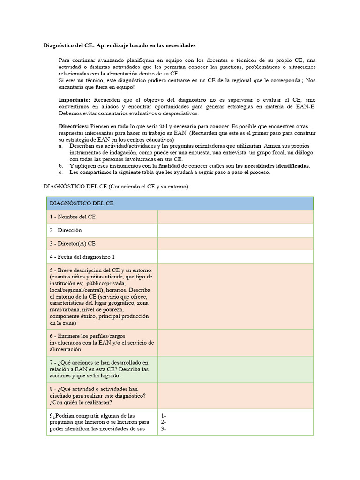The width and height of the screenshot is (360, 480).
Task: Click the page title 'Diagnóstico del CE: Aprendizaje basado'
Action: click(x=120, y=45)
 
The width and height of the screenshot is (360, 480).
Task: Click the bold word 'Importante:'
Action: click(x=75, y=100)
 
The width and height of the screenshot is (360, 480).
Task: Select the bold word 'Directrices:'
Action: click(x=74, y=127)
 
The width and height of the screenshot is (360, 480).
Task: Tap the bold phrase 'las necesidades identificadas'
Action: click(x=272, y=166)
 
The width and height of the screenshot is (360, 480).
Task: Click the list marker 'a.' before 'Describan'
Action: click(x=61, y=146)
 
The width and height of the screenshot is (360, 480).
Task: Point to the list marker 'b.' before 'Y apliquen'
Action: click(x=61, y=166)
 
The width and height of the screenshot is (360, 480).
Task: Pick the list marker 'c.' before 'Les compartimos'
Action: click(x=61, y=172)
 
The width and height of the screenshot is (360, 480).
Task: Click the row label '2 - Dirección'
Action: click(x=66, y=230)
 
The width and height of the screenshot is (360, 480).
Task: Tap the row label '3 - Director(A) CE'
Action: click(x=73, y=244)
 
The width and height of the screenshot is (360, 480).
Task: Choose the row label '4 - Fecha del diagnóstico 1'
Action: click(x=82, y=257)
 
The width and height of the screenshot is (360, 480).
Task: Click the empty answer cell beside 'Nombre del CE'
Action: click(x=235, y=217)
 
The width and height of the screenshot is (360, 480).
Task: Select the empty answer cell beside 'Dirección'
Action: click(x=235, y=230)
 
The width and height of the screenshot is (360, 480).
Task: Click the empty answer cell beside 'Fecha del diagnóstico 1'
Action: click(x=235, y=257)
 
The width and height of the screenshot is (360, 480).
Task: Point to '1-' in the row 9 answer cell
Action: click(x=164, y=416)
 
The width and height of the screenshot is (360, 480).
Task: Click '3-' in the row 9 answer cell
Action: click(x=164, y=428)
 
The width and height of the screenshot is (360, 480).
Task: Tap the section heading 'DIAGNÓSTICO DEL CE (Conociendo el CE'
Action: click(x=115, y=187)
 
